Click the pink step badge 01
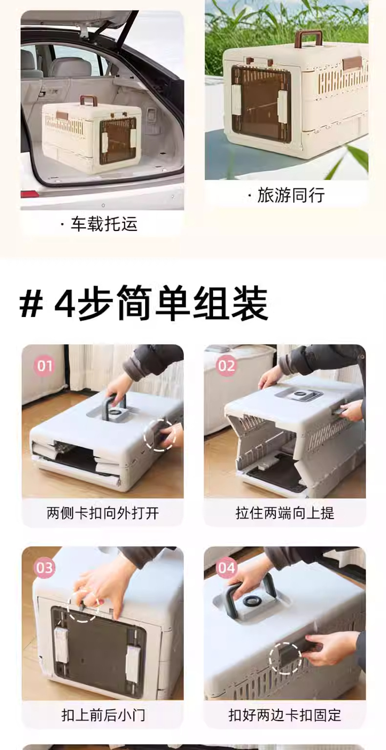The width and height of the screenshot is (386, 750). [x=44, y=365]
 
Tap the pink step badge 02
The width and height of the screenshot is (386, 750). [x=226, y=365]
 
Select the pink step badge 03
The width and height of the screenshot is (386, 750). [x=44, y=568]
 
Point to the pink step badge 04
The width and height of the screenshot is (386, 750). [x=226, y=568]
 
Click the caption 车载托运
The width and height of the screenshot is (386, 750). [x=99, y=224]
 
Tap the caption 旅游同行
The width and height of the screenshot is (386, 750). [x=286, y=195]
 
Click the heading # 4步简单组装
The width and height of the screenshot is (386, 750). [x=144, y=303]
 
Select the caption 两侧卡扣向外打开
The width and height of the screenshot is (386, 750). [x=103, y=513]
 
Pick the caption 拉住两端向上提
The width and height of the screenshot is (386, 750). [x=285, y=513]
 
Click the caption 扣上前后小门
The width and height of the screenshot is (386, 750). [x=103, y=715]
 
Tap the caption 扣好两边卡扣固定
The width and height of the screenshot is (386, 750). [x=285, y=715]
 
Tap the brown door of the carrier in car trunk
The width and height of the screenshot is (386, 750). [x=118, y=140]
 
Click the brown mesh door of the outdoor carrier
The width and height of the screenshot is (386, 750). [x=261, y=103]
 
